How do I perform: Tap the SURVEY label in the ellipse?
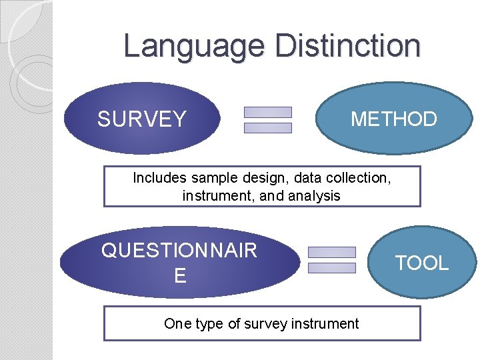tap(141, 119)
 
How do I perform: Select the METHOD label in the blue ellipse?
tap(393, 119)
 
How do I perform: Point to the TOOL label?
tap(422, 263)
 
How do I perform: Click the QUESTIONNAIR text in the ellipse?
tap(179, 251)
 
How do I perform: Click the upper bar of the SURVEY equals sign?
tap(268, 112)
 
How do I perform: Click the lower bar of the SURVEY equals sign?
tap(268, 128)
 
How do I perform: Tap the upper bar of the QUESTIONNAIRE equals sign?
tap(332, 252)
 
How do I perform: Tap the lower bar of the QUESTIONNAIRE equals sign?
tap(332, 268)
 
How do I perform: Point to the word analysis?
tap(314, 196)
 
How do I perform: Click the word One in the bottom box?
tap(176, 324)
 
